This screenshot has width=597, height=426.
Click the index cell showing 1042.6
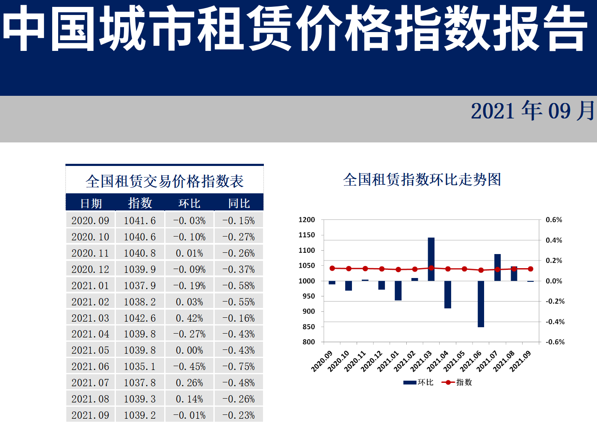coord(140,318)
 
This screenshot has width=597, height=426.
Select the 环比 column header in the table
coord(189,203)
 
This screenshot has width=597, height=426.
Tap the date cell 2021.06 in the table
coord(90,367)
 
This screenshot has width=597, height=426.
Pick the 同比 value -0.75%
coord(239,367)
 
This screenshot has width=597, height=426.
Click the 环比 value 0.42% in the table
coord(189,318)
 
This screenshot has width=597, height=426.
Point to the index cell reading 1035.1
coord(140,367)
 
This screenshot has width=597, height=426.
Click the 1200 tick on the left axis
coord(307,220)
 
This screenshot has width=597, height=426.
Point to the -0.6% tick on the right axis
coord(555,342)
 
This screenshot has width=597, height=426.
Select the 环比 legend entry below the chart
coord(419,382)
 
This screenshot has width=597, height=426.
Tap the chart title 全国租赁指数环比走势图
coord(422,180)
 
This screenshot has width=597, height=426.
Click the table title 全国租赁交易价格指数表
coord(165,181)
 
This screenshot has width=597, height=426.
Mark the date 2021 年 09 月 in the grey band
coord(532,111)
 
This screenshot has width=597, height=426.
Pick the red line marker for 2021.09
coord(531,269)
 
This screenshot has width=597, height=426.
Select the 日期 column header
coord(91,203)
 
